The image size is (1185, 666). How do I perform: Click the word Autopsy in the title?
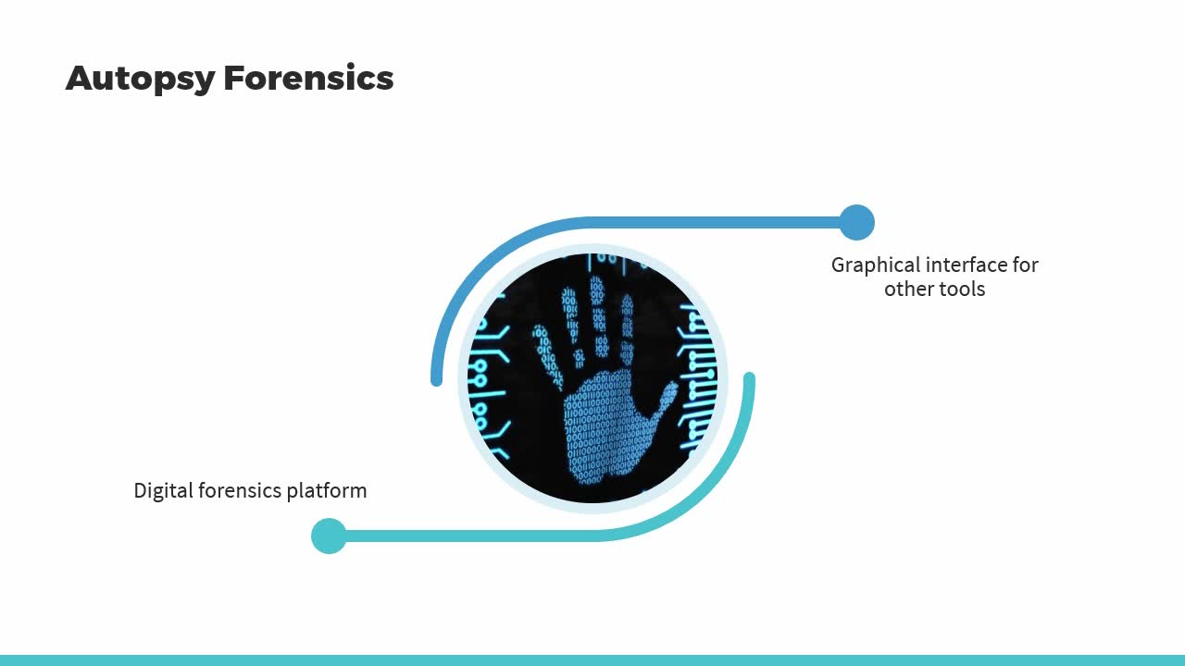tap(140, 79)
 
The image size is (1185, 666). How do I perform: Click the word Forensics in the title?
tap(308, 78)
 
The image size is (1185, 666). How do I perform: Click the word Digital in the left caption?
tap(164, 491)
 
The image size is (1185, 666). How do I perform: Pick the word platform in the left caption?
tap(327, 491)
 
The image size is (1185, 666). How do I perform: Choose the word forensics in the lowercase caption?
tap(240, 490)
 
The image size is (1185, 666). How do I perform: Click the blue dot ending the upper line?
tap(857, 223)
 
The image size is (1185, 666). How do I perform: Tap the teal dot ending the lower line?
tap(329, 536)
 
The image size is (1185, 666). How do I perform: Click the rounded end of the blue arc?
tap(436, 379)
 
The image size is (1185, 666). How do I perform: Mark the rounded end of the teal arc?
tap(749, 378)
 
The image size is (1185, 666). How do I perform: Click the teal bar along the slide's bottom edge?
tap(592, 660)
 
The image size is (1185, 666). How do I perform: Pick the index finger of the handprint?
tap(627, 328)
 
